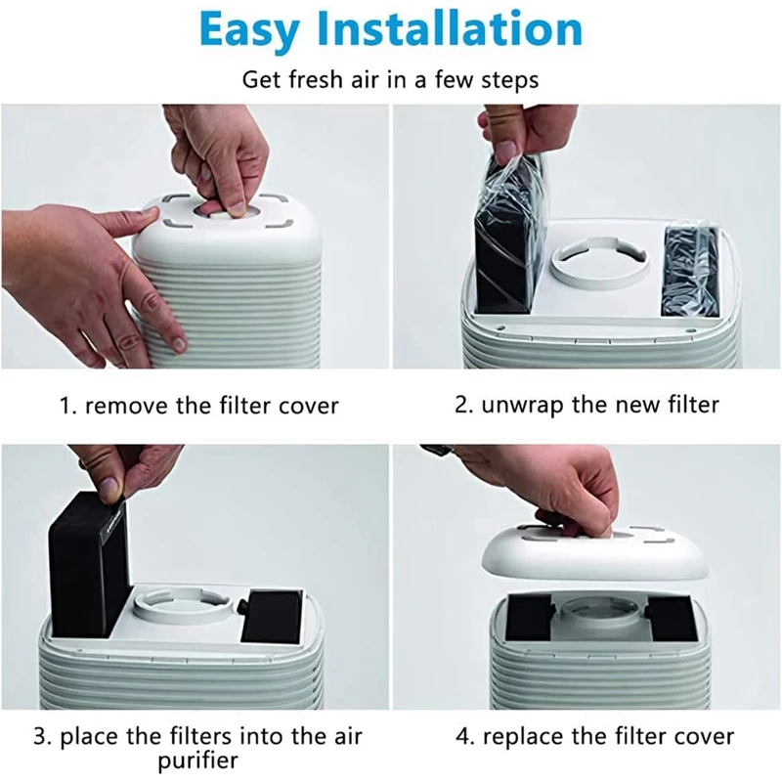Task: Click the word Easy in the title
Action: point(249,31)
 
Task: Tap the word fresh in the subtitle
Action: point(317,80)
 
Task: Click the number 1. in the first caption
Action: point(67,406)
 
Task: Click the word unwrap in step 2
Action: point(523,406)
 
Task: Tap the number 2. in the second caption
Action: point(463,405)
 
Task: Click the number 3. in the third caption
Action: point(42,737)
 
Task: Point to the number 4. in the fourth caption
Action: point(464,737)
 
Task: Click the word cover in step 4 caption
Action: point(704,737)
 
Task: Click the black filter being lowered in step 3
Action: point(89,564)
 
